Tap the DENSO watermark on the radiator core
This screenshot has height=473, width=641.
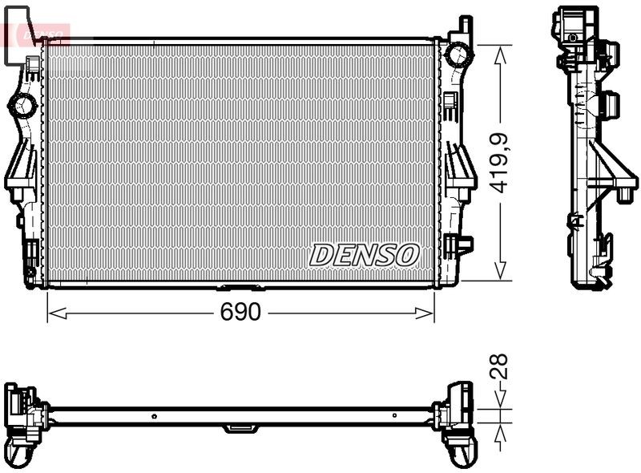(x=365, y=255)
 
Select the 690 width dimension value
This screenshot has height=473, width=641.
(x=240, y=313)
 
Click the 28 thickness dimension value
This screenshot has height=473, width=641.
(x=499, y=367)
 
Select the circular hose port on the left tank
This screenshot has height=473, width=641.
(x=23, y=104)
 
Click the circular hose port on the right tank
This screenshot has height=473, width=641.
(x=458, y=55)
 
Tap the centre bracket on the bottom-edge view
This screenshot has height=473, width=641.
(x=238, y=428)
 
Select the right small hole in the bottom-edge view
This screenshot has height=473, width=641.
(x=394, y=416)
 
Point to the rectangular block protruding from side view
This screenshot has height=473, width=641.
(x=611, y=104)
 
